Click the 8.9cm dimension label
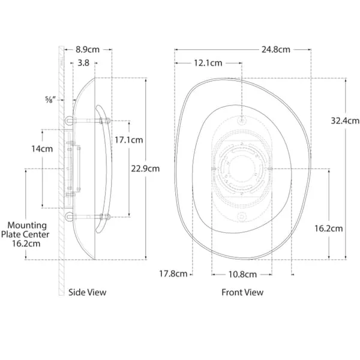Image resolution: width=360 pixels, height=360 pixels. click(x=88, y=50)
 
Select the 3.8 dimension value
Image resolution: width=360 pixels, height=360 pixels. click(x=83, y=62)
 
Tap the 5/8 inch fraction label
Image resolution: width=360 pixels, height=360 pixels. click(x=50, y=100)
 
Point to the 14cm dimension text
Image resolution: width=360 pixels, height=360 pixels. click(x=42, y=149)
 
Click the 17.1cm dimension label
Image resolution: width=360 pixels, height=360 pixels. click(x=129, y=140)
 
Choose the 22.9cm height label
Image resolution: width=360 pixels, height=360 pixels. click(x=145, y=169)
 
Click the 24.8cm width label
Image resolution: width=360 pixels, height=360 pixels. click(x=276, y=50)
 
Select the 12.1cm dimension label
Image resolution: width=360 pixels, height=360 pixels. click(x=208, y=63)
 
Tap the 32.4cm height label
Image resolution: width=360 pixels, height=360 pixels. click(x=345, y=121)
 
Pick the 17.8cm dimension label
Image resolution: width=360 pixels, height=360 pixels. click(x=173, y=274)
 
